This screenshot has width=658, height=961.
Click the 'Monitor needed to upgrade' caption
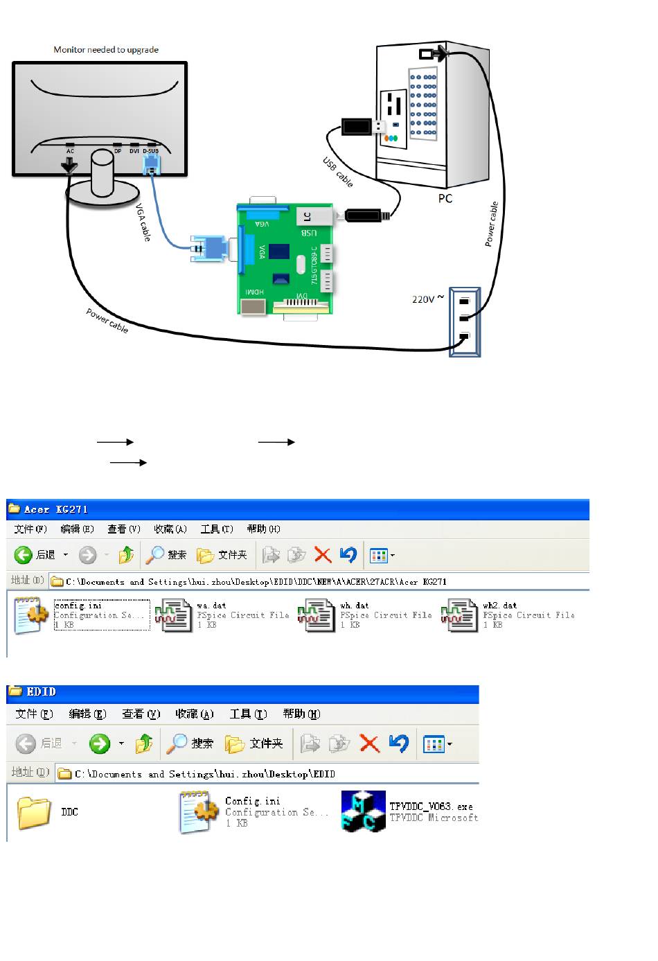point(106,50)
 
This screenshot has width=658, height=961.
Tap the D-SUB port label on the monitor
point(150,151)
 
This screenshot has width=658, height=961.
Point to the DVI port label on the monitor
point(134,151)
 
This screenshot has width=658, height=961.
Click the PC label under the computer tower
point(445,199)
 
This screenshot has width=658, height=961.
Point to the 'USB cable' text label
point(338,172)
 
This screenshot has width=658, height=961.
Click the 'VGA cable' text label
point(143,222)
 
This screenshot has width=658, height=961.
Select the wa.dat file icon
point(173,615)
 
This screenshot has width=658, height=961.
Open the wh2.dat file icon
point(459,615)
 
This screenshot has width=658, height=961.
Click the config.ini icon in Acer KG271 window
point(30,615)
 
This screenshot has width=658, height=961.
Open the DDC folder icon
point(34,812)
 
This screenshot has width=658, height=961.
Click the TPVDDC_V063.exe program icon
point(363,811)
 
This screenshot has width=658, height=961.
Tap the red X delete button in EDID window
point(370,744)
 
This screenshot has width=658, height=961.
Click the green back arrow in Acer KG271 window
point(24,555)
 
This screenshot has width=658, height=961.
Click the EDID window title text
point(42,691)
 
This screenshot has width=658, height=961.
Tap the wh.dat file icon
point(317,615)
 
